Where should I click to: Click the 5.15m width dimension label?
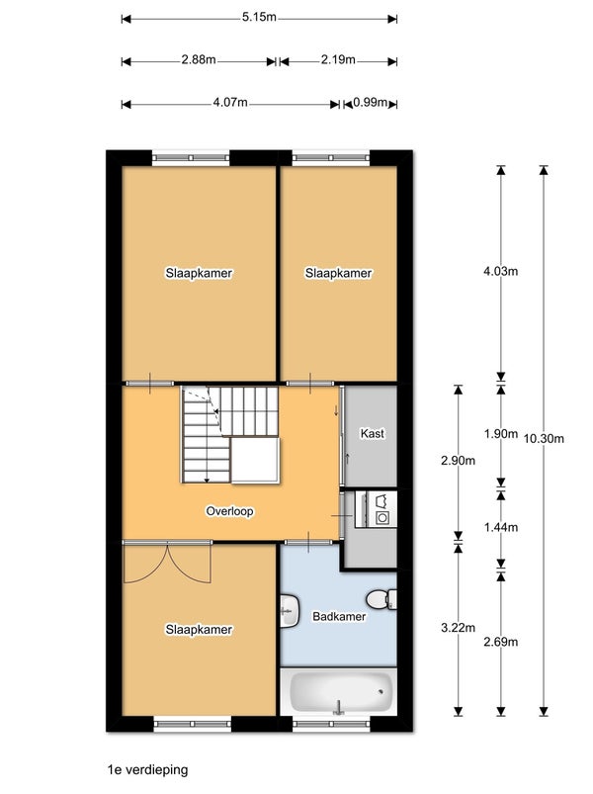pyautogui.click(x=259, y=17)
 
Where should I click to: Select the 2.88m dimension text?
pyautogui.click(x=199, y=59)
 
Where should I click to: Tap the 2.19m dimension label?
pyautogui.click(x=338, y=59)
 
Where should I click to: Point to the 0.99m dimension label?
pyautogui.click(x=371, y=103)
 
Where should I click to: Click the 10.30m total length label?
pyautogui.click(x=544, y=438)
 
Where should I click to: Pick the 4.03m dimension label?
pyautogui.click(x=500, y=271)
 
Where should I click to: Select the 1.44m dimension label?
pyautogui.click(x=500, y=527)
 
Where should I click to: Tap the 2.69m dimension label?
pyautogui.click(x=500, y=642)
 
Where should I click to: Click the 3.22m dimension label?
pyautogui.click(x=458, y=628)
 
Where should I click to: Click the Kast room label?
pyautogui.click(x=372, y=433)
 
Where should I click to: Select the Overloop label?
pyautogui.click(x=229, y=511)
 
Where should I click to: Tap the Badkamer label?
pyautogui.click(x=339, y=616)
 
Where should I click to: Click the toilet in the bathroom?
pyautogui.click(x=381, y=599)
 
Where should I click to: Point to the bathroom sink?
pyautogui.click(x=290, y=610)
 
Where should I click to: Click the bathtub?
pyautogui.click(x=338, y=692)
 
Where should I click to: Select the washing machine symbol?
pyautogui.click(x=381, y=517)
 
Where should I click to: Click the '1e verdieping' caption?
pyautogui.click(x=147, y=770)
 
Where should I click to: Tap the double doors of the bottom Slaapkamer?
pyautogui.click(x=167, y=562)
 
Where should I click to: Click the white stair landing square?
pyautogui.click(x=256, y=461)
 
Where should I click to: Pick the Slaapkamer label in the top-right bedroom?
pyautogui.click(x=338, y=273)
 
